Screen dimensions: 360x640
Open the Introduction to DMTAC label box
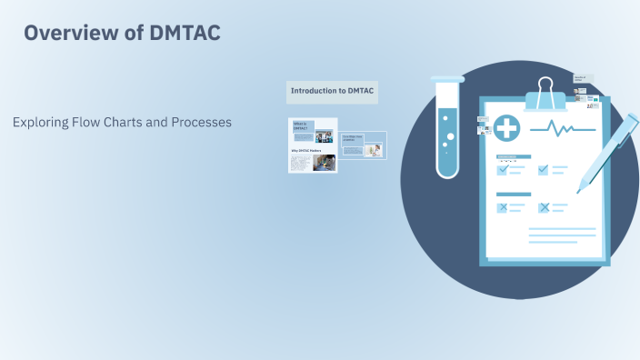[332, 91]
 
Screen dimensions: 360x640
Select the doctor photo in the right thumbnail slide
[374, 150]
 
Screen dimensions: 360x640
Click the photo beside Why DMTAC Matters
[325, 162]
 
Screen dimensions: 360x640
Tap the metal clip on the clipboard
[545, 91]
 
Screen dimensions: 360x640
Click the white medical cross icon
[506, 128]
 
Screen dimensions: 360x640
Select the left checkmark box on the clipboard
[502, 169]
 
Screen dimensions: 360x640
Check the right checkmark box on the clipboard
[544, 169]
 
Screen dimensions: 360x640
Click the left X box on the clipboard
[502, 207]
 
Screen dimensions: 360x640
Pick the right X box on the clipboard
[544, 207]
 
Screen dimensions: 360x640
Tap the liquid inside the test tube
[447, 141]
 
